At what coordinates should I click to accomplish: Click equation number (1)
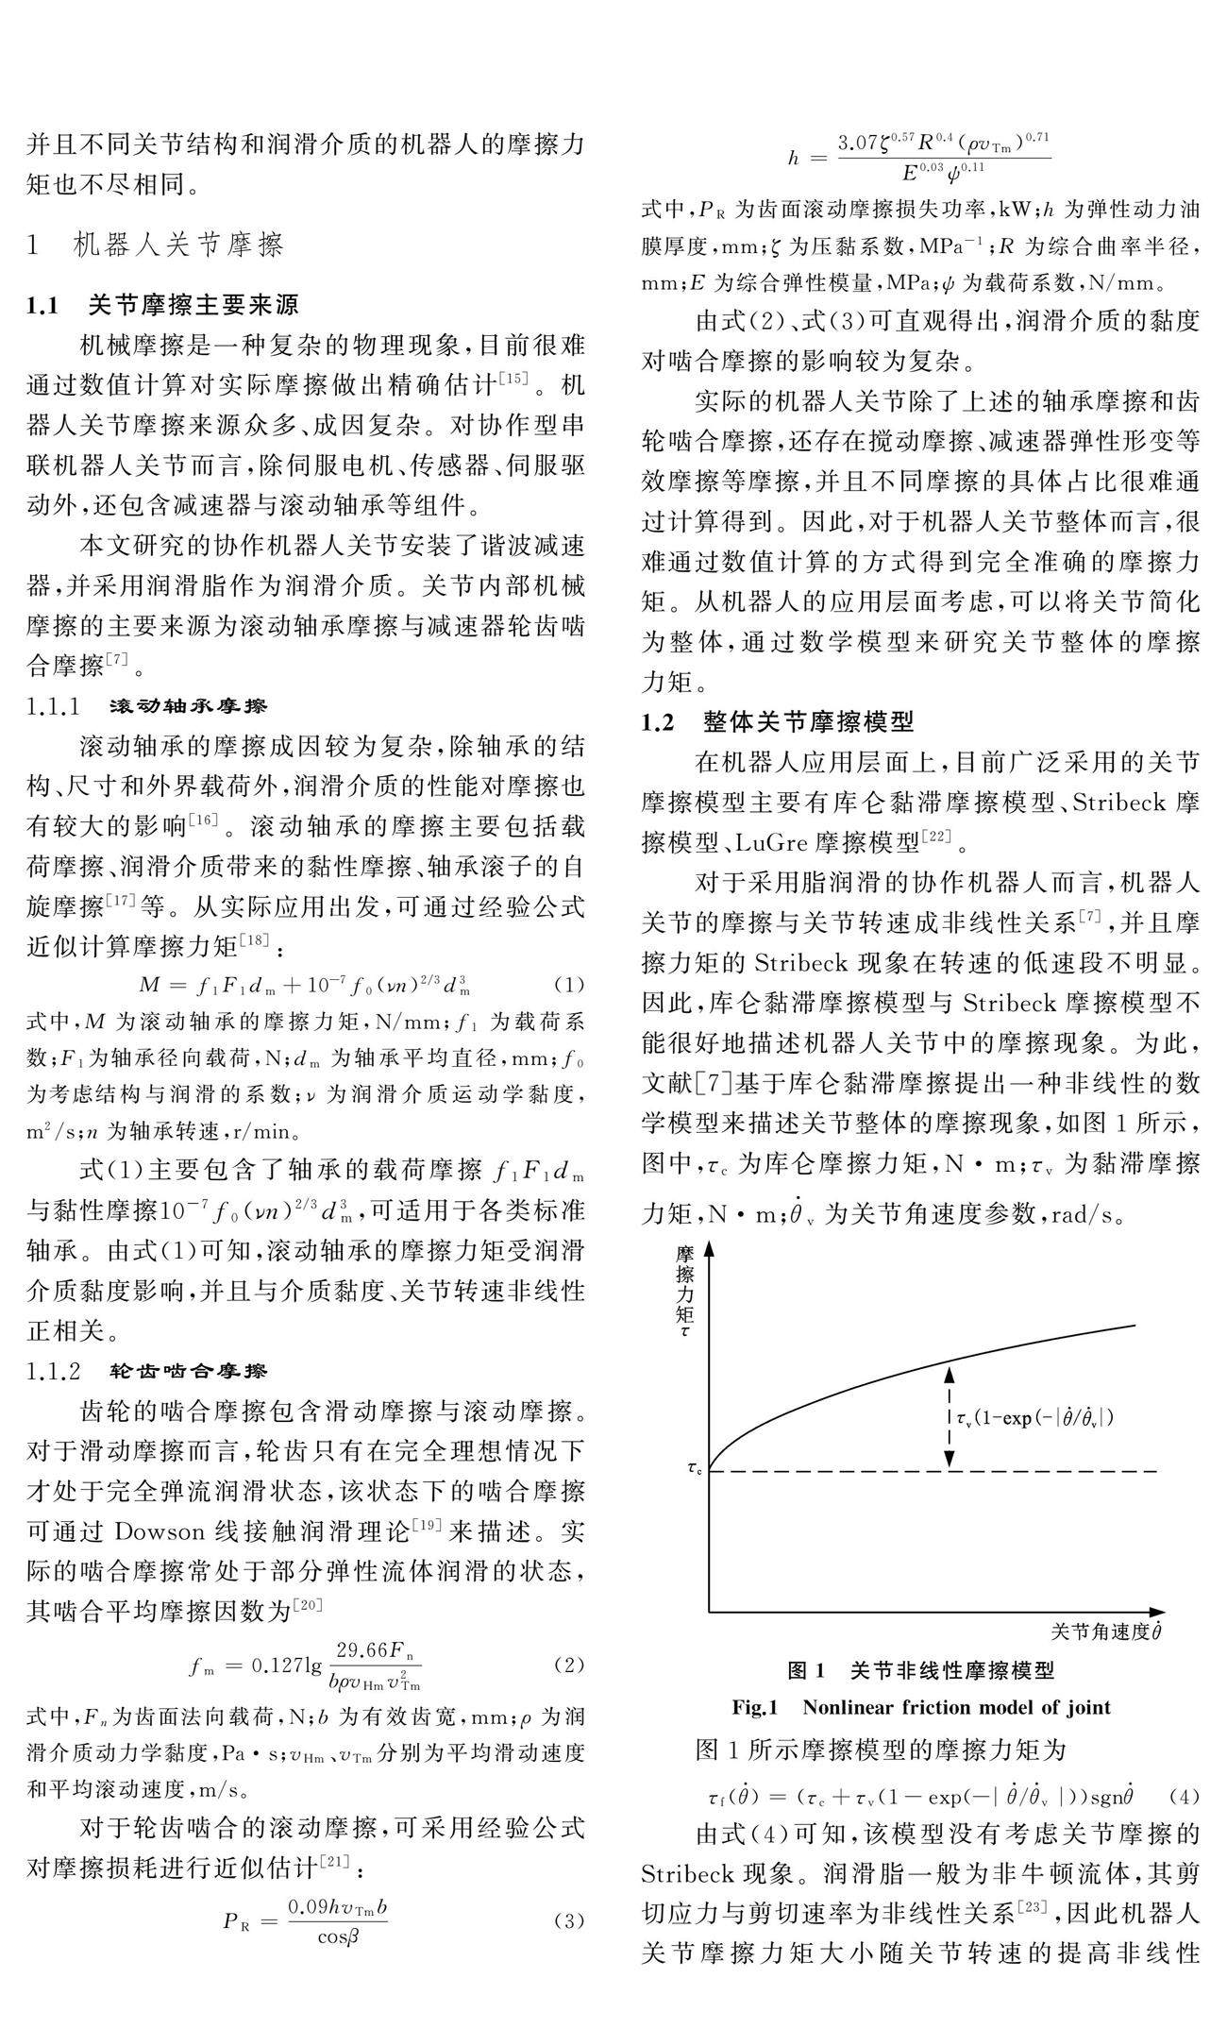click(569, 986)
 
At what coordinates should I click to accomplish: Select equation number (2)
click(569, 1665)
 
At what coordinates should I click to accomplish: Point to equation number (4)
click(1184, 1797)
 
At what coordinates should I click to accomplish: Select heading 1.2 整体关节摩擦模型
click(778, 723)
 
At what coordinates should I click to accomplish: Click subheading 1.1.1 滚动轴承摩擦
click(147, 706)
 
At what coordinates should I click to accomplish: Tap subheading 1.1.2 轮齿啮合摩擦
click(147, 1371)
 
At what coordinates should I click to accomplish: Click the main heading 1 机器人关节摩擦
click(156, 246)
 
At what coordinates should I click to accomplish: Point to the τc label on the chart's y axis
click(695, 1468)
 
